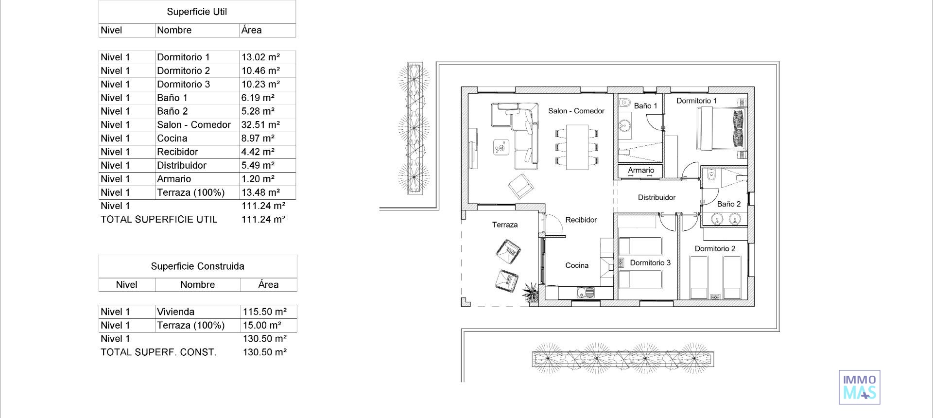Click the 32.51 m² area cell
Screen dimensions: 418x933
tap(260, 125)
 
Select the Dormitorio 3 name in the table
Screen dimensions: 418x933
tap(183, 84)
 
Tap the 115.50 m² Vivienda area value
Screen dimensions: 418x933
tap(265, 312)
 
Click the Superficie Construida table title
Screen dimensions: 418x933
tap(197, 266)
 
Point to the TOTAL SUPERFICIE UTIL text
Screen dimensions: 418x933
tap(159, 219)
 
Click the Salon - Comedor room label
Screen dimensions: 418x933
tap(576, 111)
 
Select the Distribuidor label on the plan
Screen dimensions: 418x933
tap(657, 197)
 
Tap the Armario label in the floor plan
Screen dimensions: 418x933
tap(641, 170)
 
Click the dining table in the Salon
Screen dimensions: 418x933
tap(577, 147)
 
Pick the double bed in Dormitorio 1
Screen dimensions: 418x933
tap(721, 129)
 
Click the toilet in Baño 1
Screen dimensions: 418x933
tap(624, 103)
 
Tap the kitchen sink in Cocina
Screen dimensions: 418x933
tap(585, 293)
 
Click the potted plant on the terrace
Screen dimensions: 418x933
tap(530, 293)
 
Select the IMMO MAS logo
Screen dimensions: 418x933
tap(859, 387)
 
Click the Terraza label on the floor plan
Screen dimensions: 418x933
tap(505, 225)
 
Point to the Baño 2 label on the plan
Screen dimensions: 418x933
tap(729, 204)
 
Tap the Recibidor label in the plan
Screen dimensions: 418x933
tap(581, 220)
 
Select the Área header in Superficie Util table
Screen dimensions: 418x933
tap(251, 30)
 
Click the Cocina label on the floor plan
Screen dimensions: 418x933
tap(577, 265)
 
